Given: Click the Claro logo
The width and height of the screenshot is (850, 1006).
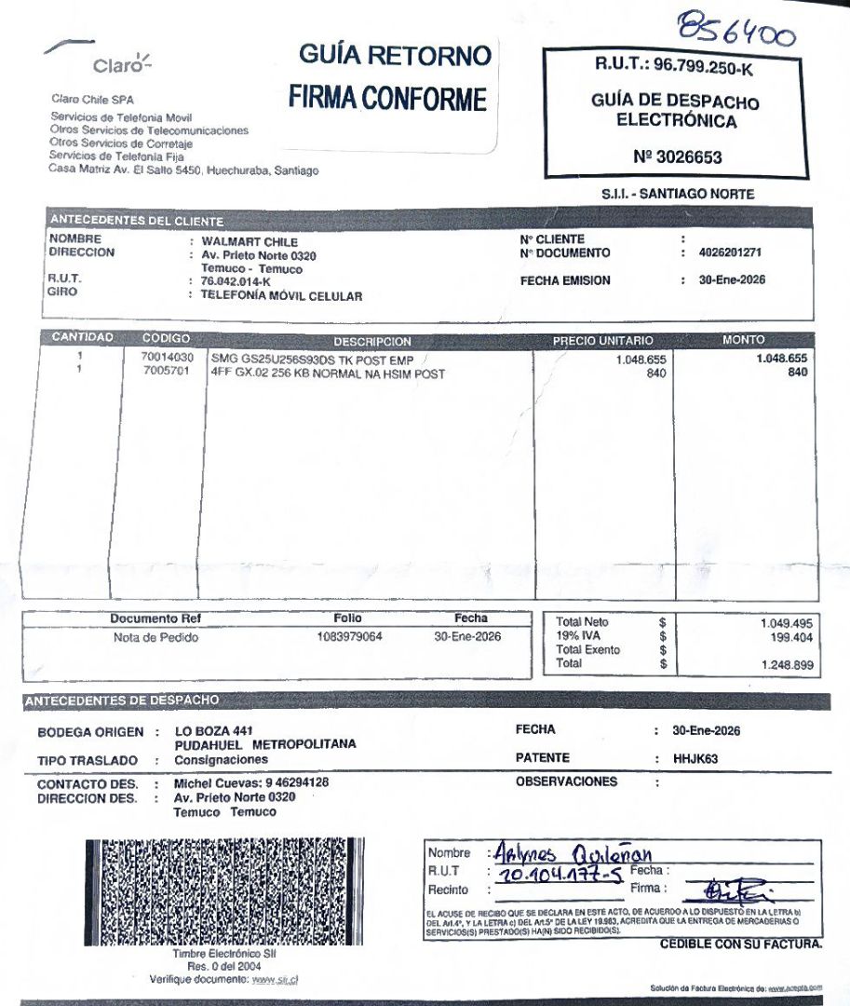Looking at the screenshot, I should (119, 63).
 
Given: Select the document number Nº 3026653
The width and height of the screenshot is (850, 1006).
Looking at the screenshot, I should (677, 157).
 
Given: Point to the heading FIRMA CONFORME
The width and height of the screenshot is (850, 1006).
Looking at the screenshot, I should (387, 98).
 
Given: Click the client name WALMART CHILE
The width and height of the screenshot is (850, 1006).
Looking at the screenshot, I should (243, 242).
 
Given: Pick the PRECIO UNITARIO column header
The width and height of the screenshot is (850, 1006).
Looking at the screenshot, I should (602, 341).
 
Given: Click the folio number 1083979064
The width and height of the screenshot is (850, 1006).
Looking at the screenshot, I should (349, 637).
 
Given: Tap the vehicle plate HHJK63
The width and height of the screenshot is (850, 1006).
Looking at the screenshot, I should (695, 759).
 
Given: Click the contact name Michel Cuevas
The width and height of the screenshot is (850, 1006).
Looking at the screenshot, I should (217, 783).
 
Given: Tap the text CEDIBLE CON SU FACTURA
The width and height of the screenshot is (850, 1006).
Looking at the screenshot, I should (741, 945).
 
